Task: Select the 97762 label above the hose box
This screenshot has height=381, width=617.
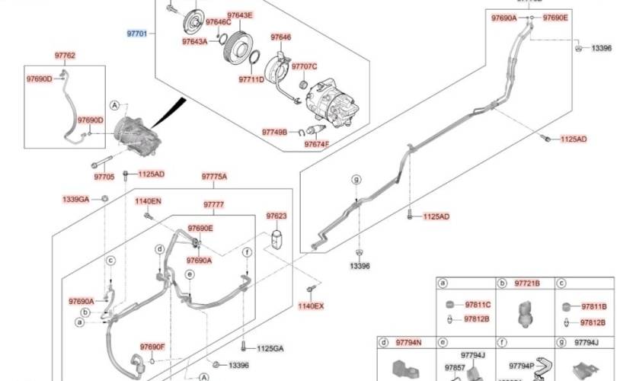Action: pyautogui.click(x=65, y=56)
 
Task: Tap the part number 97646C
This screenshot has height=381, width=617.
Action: pyautogui.click(x=218, y=22)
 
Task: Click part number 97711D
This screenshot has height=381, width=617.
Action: pyautogui.click(x=251, y=79)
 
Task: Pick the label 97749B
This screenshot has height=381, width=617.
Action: pyautogui.click(x=274, y=132)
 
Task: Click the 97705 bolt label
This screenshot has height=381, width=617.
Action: pyautogui.click(x=104, y=177)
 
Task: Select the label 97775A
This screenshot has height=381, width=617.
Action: pyautogui.click(x=214, y=177)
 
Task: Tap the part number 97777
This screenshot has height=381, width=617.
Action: pyautogui.click(x=213, y=204)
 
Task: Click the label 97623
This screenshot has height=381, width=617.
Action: pyautogui.click(x=277, y=216)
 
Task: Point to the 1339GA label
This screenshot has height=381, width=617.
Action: pyautogui.click(x=76, y=199)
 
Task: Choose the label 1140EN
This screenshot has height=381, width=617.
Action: pyautogui.click(x=149, y=201)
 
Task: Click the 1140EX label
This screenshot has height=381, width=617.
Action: pyautogui.click(x=311, y=306)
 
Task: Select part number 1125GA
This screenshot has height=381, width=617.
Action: pyautogui.click(x=270, y=348)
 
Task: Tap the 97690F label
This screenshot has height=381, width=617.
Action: pyautogui.click(x=152, y=347)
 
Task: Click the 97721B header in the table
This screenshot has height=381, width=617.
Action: pyautogui.click(x=528, y=283)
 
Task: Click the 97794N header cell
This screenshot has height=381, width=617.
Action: pyautogui.click(x=408, y=343)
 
